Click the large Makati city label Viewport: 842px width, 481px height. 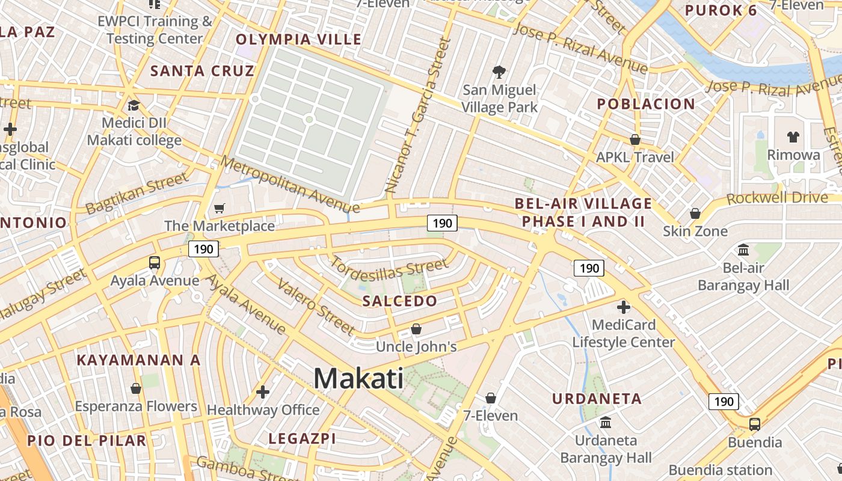358,379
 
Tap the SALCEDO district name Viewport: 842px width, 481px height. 399,301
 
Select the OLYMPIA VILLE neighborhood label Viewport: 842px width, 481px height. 298,40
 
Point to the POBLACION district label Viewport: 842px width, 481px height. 645,104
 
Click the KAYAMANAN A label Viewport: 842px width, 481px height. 138,360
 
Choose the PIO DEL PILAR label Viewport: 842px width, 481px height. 87,440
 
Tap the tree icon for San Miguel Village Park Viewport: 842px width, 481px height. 499,73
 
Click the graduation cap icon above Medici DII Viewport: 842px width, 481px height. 134,106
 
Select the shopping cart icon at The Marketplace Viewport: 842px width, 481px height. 220,209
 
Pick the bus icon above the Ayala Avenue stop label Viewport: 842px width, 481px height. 155,263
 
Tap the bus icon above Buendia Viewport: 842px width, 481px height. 754,424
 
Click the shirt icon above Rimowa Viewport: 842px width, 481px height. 793,137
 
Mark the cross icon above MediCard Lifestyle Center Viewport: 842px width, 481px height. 623,308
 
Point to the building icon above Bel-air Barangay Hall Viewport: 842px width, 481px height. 743,250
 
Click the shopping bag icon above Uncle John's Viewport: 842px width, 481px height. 416,329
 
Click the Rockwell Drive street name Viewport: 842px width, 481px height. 777,198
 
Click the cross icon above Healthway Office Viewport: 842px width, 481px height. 262,392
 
